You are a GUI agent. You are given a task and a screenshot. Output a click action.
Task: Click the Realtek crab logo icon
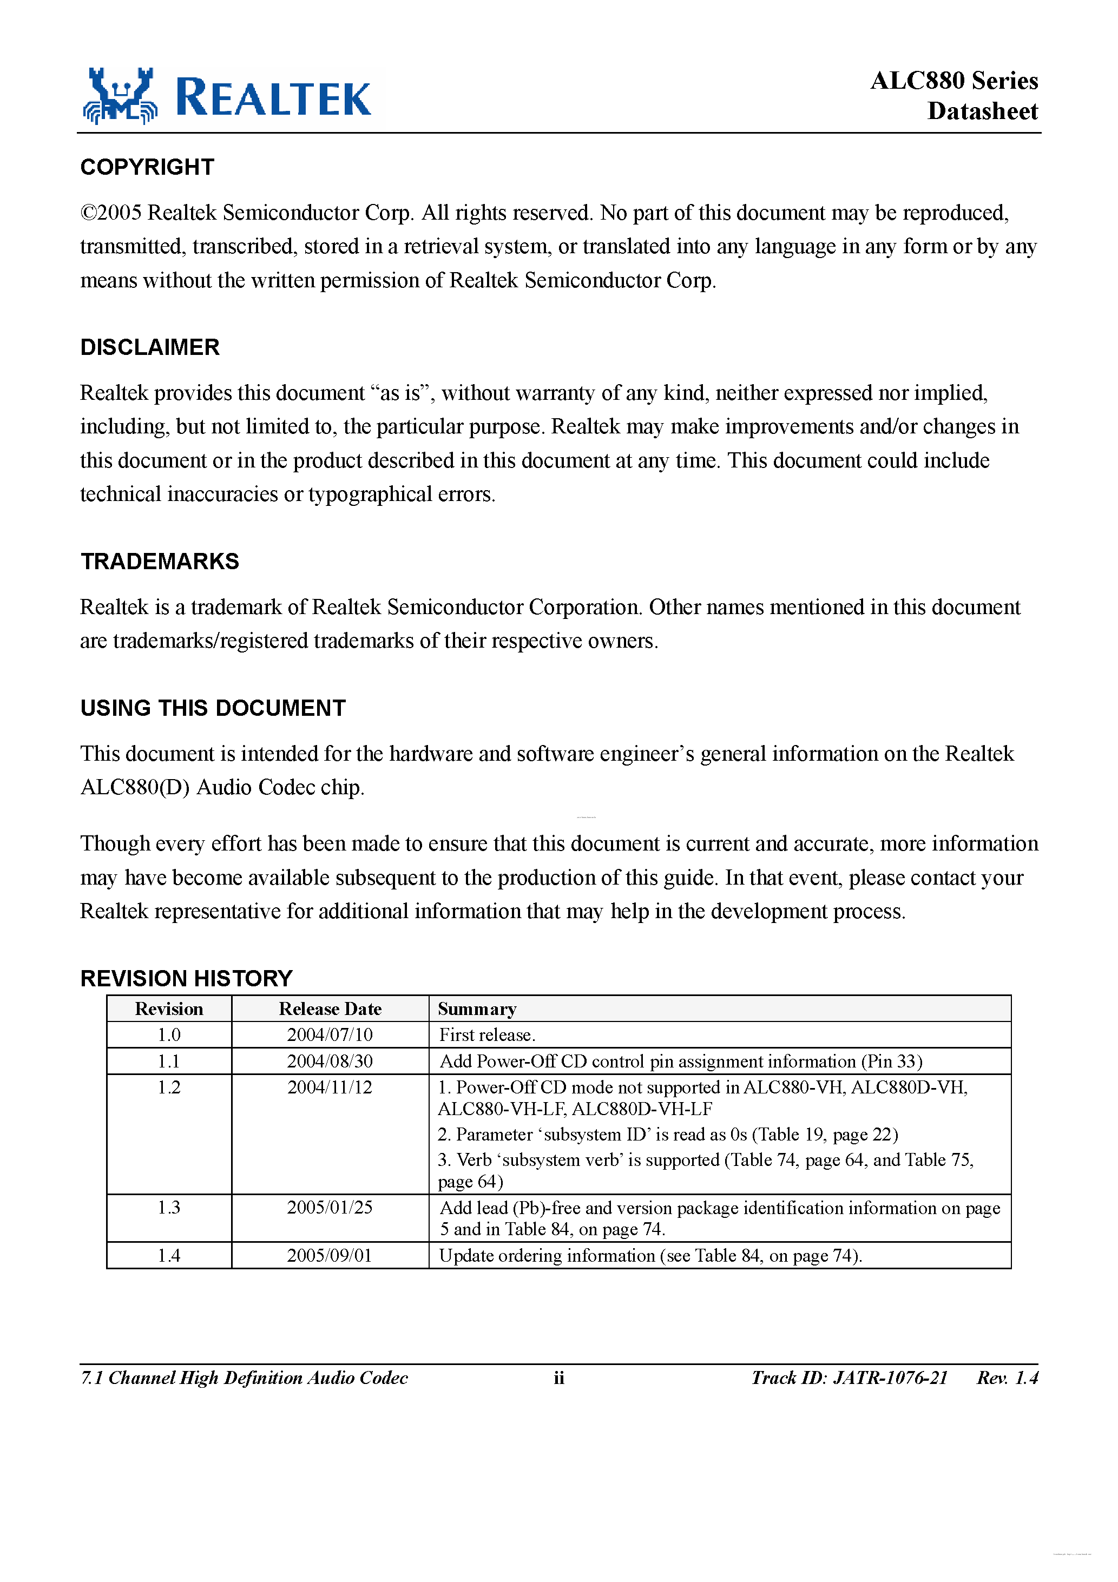[x=121, y=96]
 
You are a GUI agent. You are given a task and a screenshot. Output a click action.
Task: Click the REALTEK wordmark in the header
[x=274, y=98]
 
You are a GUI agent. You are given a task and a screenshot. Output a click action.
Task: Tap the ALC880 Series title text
[x=953, y=81]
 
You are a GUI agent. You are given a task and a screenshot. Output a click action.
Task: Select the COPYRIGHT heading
[x=148, y=167]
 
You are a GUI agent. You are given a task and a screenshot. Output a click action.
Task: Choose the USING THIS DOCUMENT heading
[x=213, y=708]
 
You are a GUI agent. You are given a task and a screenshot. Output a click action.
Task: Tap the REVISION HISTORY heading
[x=186, y=978]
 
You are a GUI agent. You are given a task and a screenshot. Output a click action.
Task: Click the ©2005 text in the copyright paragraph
[x=111, y=213]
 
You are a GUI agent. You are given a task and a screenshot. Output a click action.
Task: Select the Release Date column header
[x=330, y=1008]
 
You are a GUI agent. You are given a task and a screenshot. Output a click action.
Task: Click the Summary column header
[x=476, y=1008]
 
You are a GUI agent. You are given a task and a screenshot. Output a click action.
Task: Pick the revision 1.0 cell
[x=169, y=1035]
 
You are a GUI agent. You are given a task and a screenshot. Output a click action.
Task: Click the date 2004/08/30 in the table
[x=330, y=1061]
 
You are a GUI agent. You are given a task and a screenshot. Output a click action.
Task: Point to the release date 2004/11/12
[x=330, y=1087]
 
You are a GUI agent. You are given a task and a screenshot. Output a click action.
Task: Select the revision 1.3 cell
[x=169, y=1207]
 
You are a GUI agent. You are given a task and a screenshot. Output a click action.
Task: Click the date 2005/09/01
[x=330, y=1255]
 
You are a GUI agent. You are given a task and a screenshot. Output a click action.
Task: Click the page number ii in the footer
[x=558, y=1378]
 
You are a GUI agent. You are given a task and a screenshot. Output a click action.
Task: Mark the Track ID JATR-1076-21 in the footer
[x=849, y=1378]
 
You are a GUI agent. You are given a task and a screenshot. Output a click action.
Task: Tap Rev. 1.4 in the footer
[x=1007, y=1378]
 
